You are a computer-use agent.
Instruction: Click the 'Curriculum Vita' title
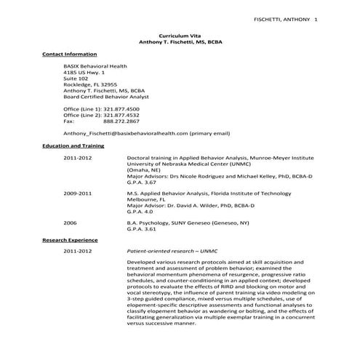click(180, 35)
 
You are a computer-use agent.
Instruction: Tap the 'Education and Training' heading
click(73, 145)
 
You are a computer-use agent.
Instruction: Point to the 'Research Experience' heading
click(70, 239)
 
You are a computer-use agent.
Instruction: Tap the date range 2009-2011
click(78, 194)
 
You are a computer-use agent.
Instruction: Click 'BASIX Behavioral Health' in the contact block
click(95, 66)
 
